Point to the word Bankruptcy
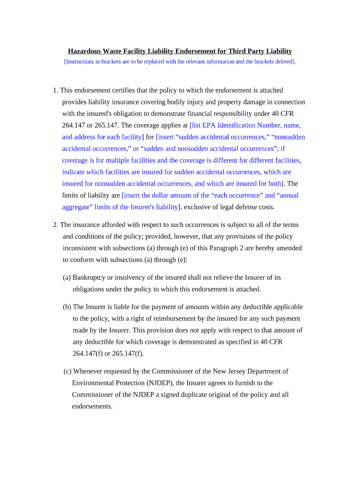pyautogui.click(x=89, y=277)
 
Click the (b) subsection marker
pyautogui.click(x=67, y=307)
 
